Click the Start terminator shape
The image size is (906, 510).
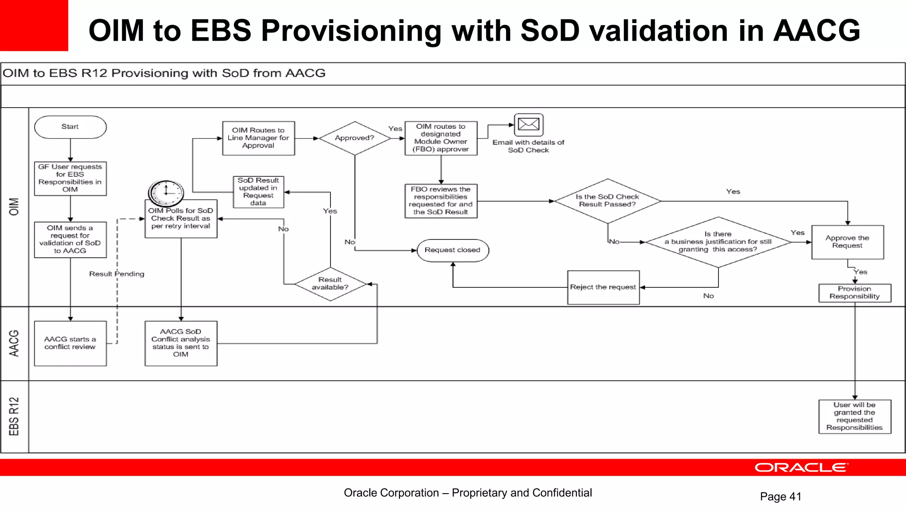click(70, 127)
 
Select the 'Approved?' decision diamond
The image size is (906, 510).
click(354, 138)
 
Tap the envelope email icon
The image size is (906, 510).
click(529, 124)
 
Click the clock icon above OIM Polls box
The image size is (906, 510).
click(166, 192)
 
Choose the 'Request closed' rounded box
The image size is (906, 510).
click(453, 250)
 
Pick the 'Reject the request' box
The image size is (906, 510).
click(603, 287)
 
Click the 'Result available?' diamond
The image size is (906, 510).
click(330, 284)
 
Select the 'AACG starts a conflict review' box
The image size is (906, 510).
click(70, 343)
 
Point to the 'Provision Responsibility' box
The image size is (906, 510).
click(854, 293)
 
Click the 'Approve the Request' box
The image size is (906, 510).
click(847, 242)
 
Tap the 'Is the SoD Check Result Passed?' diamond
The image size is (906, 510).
click(607, 201)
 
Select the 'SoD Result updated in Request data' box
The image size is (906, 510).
click(258, 192)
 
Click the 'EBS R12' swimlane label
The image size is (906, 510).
click(14, 416)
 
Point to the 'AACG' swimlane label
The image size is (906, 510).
click(14, 343)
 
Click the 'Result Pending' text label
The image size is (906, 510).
click(116, 274)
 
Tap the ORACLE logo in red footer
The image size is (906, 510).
click(801, 467)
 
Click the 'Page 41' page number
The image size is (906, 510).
click(780, 497)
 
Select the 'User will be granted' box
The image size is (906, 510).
click(854, 416)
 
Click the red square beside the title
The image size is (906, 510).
click(34, 25)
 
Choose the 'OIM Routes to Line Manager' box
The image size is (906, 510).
click(258, 138)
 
